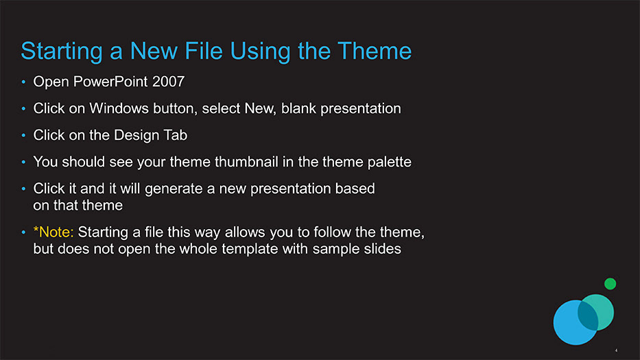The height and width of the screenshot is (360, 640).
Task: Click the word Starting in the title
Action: [62, 52]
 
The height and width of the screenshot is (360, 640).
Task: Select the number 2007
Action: [168, 82]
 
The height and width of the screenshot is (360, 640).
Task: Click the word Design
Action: [134, 136]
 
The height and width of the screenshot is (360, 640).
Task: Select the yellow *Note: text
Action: [54, 232]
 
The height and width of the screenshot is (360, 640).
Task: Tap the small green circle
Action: [611, 284]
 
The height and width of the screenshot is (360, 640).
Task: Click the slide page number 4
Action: [616, 350]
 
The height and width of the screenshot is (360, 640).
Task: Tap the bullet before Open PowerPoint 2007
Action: [24, 82]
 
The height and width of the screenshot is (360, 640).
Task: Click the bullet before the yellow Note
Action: [24, 232]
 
